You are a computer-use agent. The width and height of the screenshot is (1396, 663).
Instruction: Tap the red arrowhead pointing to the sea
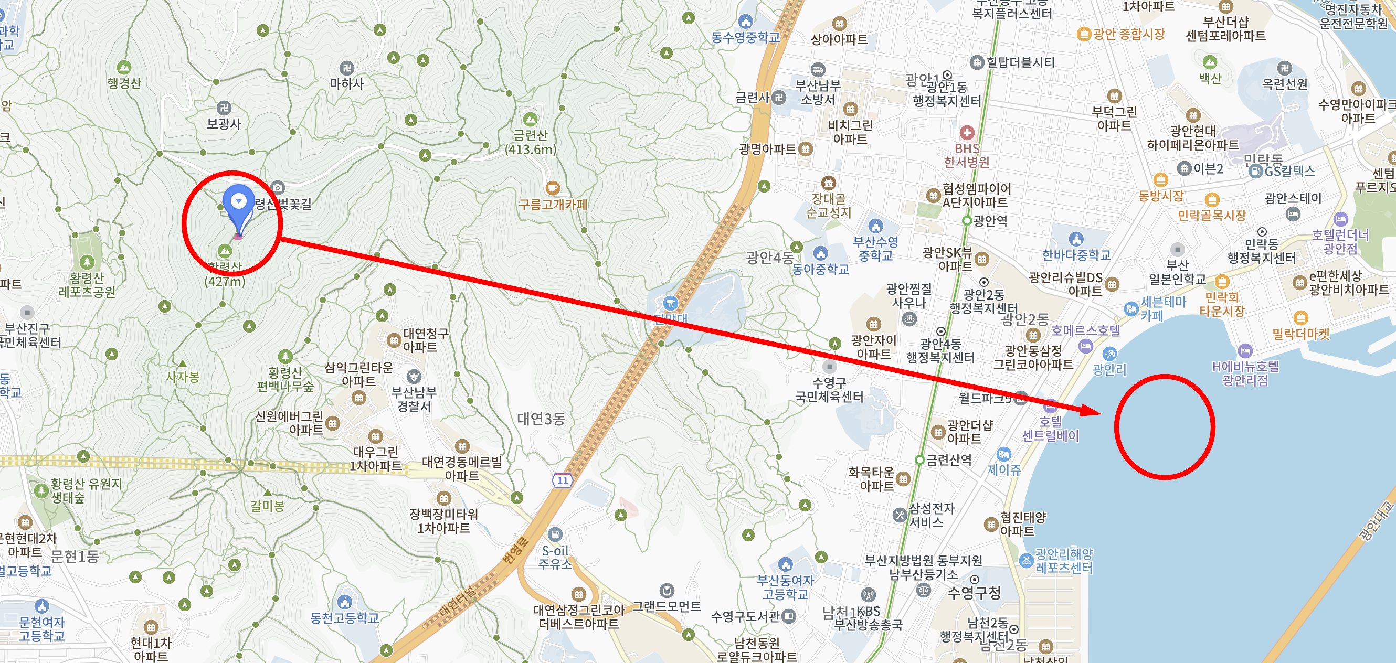coord(1090,410)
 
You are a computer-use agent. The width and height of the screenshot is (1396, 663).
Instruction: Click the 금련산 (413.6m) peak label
coord(531,142)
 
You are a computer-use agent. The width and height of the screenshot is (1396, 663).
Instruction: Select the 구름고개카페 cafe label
coord(553,204)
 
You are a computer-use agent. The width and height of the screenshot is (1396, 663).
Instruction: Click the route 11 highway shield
coord(563,480)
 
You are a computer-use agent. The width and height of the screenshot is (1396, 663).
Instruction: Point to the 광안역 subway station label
coord(990,221)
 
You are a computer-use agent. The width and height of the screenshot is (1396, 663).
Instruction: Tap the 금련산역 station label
coord(948,460)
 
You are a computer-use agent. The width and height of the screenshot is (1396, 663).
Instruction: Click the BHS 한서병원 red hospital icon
coord(967,132)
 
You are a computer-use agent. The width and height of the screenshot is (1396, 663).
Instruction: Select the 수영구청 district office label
coord(974,593)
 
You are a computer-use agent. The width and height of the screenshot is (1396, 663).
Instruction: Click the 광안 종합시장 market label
coord(1128,34)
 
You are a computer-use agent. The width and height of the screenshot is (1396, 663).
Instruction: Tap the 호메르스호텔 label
coord(1085,330)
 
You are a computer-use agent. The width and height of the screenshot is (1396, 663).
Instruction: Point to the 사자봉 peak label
coord(183,377)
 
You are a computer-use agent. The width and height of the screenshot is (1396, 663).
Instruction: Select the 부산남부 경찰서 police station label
coord(414,399)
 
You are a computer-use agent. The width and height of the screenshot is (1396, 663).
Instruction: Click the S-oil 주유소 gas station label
coord(555,557)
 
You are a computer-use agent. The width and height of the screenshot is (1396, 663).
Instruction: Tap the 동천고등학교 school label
coord(345,617)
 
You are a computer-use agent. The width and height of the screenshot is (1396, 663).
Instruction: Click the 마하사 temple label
coord(347,83)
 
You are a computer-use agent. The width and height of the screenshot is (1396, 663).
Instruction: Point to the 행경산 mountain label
coord(124,83)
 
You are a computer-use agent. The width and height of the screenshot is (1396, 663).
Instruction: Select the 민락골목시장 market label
coord(1212,216)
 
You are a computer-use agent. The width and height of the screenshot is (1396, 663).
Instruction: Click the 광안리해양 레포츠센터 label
coord(1064,561)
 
